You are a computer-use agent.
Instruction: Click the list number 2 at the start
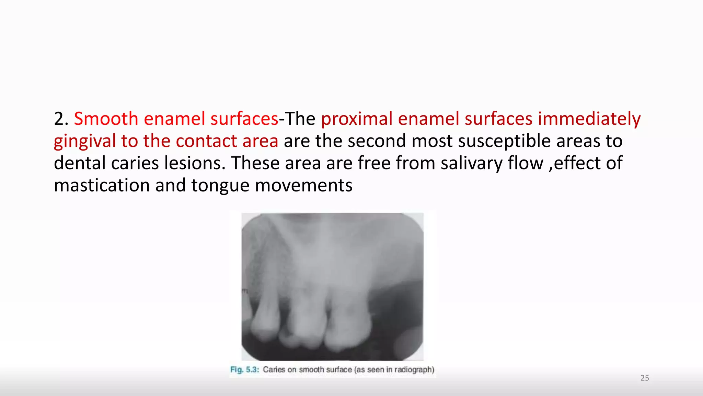59,119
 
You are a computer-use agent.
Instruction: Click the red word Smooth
106,119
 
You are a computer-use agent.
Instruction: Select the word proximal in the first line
356,119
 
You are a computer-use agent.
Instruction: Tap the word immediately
589,119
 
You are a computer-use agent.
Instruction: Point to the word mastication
102,186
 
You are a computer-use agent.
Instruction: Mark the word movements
303,186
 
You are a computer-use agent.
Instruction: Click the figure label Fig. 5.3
244,370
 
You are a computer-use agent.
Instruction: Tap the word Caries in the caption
274,370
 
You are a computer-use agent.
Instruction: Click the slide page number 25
645,378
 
